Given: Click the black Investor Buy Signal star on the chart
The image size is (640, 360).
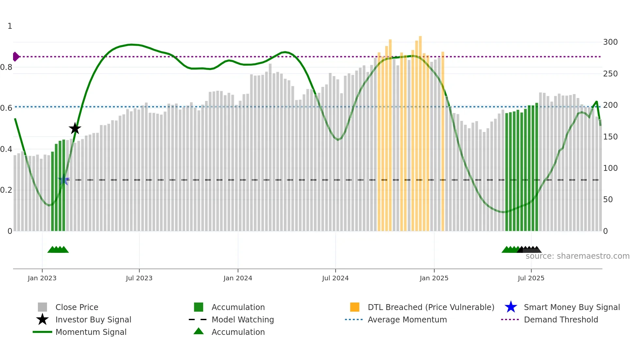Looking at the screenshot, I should pyautogui.click(x=75, y=128).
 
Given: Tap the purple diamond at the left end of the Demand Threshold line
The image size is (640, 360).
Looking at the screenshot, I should pyautogui.click(x=16, y=57).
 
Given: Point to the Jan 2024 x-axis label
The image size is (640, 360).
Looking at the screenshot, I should pyautogui.click(x=238, y=278).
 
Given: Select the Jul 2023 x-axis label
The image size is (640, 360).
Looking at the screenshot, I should pyautogui.click(x=139, y=278).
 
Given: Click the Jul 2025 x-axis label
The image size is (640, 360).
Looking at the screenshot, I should pyautogui.click(x=531, y=278).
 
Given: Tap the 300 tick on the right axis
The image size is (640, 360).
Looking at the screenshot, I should pyautogui.click(x=610, y=42).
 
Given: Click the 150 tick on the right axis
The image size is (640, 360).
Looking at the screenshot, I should pyautogui.click(x=610, y=137).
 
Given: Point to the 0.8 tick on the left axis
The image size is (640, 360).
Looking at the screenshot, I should pyautogui.click(x=7, y=67).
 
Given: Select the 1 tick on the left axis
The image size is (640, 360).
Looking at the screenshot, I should pyautogui.click(x=10, y=26).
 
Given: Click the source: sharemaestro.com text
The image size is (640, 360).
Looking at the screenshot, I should pyautogui.click(x=577, y=256).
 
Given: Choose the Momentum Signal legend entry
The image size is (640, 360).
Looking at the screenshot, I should pyautogui.click(x=91, y=332).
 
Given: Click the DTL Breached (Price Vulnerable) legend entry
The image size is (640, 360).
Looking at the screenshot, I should pyautogui.click(x=431, y=307).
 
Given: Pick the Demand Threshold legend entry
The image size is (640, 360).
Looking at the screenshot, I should pyautogui.click(x=561, y=319).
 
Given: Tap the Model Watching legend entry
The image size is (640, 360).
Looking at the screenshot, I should pyautogui.click(x=242, y=319).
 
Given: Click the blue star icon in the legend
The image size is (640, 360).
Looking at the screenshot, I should pyautogui.click(x=511, y=307).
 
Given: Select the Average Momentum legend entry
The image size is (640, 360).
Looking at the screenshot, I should pyautogui.click(x=407, y=319).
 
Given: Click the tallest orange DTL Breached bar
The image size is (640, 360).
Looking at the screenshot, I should pyautogui.click(x=420, y=131).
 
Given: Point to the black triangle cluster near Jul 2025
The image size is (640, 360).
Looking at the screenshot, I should pyautogui.click(x=530, y=250).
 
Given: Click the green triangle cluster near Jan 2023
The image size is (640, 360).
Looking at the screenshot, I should pyautogui.click(x=58, y=250).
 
